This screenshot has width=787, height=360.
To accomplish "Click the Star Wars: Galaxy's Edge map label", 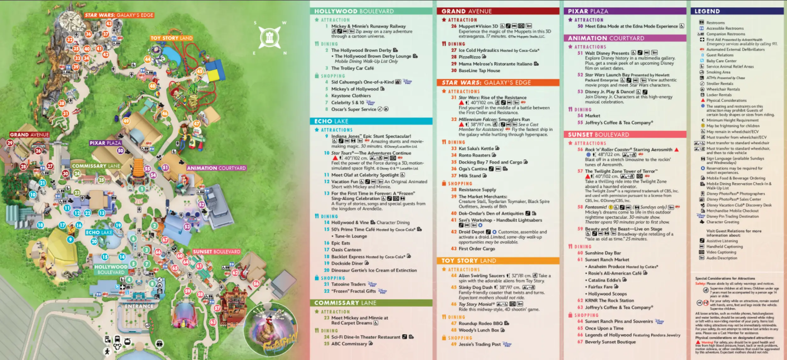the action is pos(119,15).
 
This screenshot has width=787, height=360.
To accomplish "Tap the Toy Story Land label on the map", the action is pos(172,38).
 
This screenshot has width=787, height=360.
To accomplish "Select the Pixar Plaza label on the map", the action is pos(105,143).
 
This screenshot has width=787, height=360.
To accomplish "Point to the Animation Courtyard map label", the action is pos(216,168).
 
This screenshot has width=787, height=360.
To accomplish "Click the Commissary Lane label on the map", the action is pos(96,166).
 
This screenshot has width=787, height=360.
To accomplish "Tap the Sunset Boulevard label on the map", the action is pos(217,252).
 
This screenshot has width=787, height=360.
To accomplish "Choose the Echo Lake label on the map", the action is pos(99,232).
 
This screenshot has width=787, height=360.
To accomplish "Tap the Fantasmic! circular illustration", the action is pos(271,329).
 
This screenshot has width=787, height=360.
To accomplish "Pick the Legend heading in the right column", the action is pos(707,11).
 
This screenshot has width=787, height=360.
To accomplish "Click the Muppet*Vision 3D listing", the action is pos(478,26).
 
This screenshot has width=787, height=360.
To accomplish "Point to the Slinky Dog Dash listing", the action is pos(475,287).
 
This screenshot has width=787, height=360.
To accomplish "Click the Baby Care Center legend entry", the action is pos(721,61).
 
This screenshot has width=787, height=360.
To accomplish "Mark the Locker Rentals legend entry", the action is pos(719,95).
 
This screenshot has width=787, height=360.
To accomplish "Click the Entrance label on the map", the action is pos(139,306).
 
